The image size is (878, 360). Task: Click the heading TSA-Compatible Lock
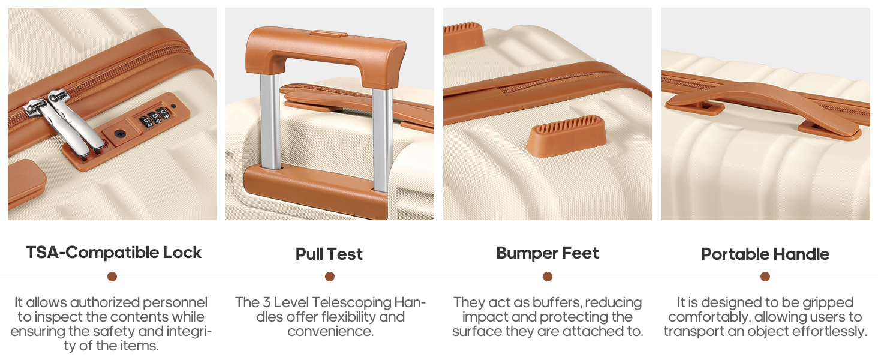pos(114,253)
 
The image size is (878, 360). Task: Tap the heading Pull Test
pos(329,254)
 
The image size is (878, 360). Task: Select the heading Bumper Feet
pos(548,253)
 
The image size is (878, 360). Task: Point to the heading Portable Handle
pos(765,254)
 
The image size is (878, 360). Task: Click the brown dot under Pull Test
pos(330,277)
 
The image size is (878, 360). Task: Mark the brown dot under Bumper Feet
pos(548,277)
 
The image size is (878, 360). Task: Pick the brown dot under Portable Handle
pos(765,277)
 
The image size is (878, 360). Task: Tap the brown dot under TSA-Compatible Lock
pos(112,277)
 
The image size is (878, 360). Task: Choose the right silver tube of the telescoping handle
pos(382,139)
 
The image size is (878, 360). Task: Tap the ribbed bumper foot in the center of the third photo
pos(566,136)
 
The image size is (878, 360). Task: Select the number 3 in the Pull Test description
pos(266,302)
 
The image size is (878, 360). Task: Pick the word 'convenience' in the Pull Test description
pos(330,331)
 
